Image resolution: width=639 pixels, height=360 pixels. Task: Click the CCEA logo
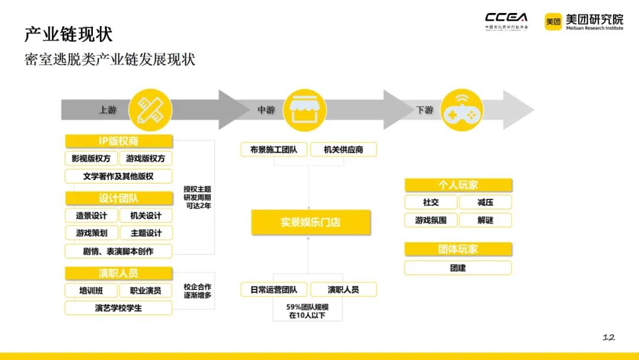pyautogui.click(x=506, y=21)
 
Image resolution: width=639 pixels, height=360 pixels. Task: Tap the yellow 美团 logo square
pyautogui.click(x=553, y=22)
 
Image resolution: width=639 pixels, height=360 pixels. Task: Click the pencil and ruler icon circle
pyautogui.click(x=150, y=110)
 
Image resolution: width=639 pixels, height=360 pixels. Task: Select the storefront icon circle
pyautogui.click(x=304, y=110)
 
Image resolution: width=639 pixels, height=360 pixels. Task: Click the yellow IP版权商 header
pyautogui.click(x=119, y=141)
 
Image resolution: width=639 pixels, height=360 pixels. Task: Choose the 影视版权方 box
pyautogui.click(x=91, y=159)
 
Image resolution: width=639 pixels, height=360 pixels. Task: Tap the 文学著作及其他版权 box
pyautogui.click(x=119, y=176)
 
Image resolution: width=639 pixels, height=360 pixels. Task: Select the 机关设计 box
pyautogui.click(x=146, y=216)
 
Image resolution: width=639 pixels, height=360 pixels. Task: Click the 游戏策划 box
pyautogui.click(x=91, y=233)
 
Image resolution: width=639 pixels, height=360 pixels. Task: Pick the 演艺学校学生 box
pyautogui.click(x=119, y=308)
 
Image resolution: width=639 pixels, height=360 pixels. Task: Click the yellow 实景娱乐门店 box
pyautogui.click(x=311, y=223)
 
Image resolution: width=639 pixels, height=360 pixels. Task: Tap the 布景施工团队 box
pyautogui.click(x=274, y=150)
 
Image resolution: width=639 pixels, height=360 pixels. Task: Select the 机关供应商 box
pyautogui.click(x=343, y=150)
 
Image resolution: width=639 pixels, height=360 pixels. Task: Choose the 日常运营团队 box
pyautogui.click(x=274, y=290)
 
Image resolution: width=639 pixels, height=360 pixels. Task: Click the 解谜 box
pyautogui.click(x=485, y=220)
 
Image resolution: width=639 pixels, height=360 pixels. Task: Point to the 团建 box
pyautogui.click(x=458, y=268)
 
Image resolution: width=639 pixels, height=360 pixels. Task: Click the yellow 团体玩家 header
pyautogui.click(x=458, y=249)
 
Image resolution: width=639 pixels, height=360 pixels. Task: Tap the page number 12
pyautogui.click(x=608, y=337)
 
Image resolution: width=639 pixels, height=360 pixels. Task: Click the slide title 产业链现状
pyautogui.click(x=69, y=34)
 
